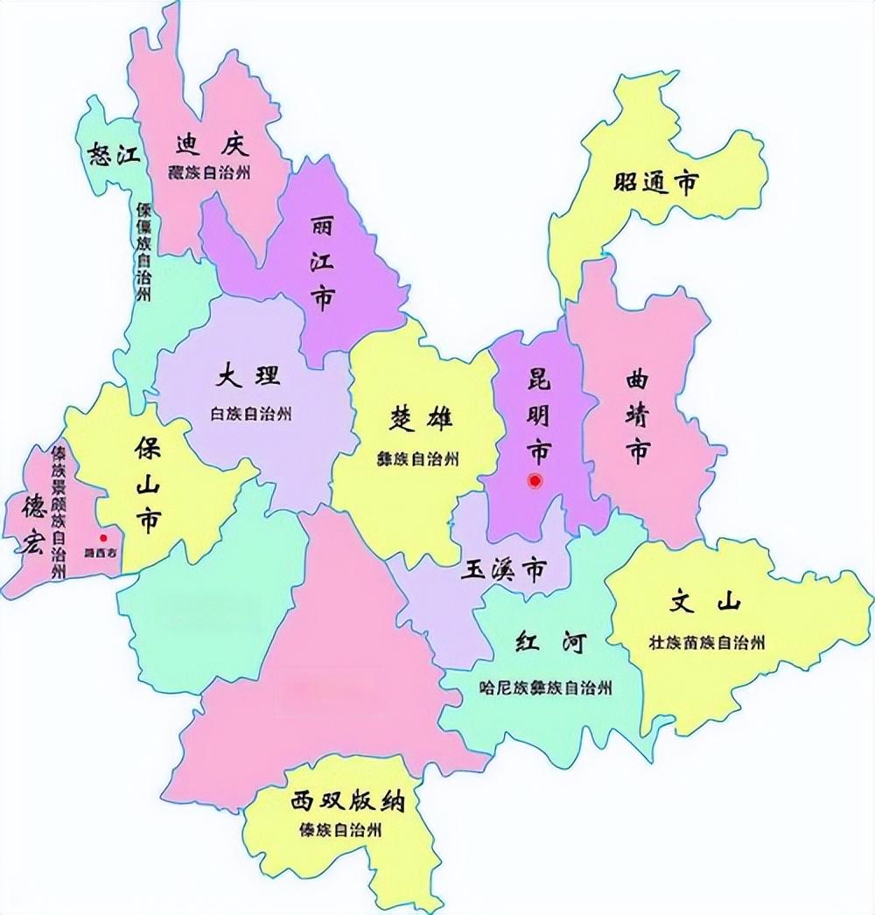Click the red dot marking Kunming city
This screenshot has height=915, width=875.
coord(535,480)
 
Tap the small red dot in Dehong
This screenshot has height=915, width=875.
coord(103,538)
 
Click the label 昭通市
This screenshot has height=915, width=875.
coord(655,183)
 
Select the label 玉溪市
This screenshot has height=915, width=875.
coord(503,570)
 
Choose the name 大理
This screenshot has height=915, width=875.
coord(249,377)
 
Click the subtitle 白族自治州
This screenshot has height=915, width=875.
coord(251,414)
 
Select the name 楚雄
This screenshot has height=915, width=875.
coord(422,420)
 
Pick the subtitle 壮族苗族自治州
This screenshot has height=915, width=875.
coord(707,643)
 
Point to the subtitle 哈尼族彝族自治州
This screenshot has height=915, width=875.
coord(546,687)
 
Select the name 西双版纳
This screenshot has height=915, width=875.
coord(337,800)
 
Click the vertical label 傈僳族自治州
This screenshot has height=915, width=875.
coord(143,253)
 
